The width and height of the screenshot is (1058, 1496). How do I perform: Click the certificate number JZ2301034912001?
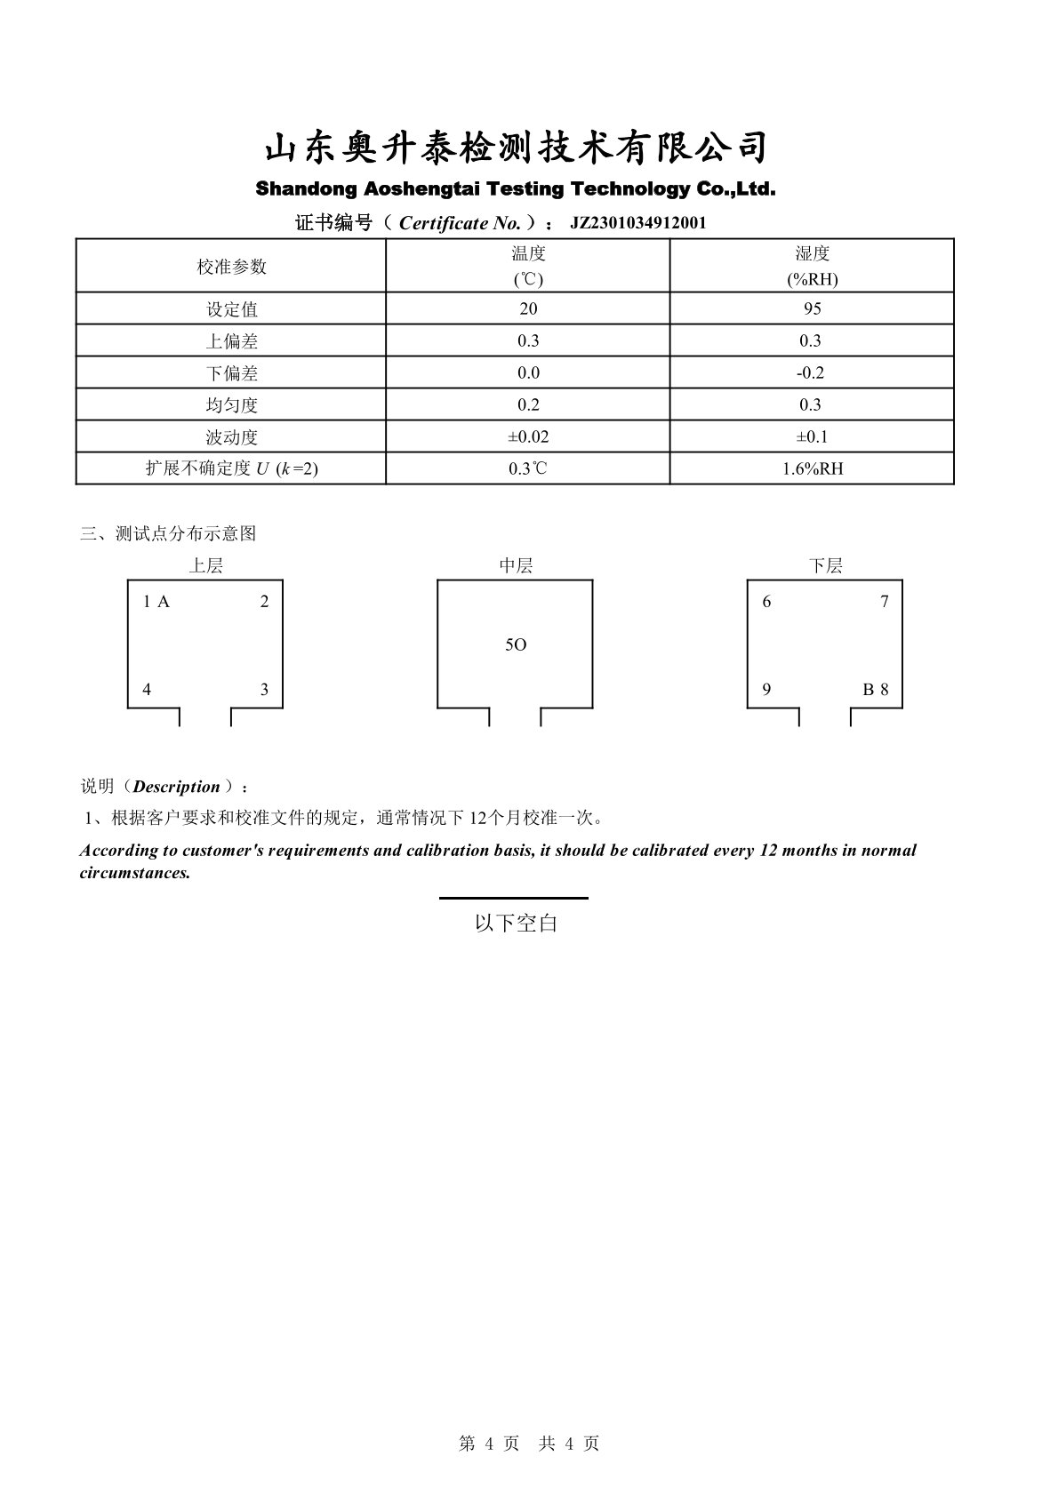coord(637,223)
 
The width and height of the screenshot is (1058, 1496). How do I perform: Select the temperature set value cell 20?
coord(528,308)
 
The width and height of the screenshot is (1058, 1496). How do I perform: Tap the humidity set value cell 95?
coord(811,308)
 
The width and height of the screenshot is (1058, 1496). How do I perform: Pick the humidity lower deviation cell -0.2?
coord(811,372)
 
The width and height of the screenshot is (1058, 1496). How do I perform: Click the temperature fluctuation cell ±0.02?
coord(528,436)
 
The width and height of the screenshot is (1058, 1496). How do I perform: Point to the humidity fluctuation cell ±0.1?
coord(811,436)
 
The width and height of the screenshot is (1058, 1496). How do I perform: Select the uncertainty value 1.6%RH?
coord(811,468)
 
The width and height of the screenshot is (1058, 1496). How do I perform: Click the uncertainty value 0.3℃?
coord(528,468)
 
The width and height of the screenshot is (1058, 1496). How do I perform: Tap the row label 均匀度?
coord(231,405)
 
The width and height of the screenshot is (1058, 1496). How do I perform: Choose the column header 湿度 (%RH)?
coord(811,266)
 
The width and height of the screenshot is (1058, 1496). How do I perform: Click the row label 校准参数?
coord(231,266)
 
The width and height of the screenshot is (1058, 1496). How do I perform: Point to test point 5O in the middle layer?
coord(516,644)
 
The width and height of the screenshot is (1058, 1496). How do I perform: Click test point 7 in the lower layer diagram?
coord(884,602)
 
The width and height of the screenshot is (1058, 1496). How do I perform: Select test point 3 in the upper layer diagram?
coord(264,690)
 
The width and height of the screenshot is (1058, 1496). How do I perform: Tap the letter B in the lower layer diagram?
coord(868,690)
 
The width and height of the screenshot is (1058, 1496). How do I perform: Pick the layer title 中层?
coord(516,565)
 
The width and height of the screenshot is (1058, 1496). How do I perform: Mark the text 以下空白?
coord(516,924)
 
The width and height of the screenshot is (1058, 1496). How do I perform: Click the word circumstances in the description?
coord(134,872)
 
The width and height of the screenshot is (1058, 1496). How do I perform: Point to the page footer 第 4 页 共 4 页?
coord(529,1444)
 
